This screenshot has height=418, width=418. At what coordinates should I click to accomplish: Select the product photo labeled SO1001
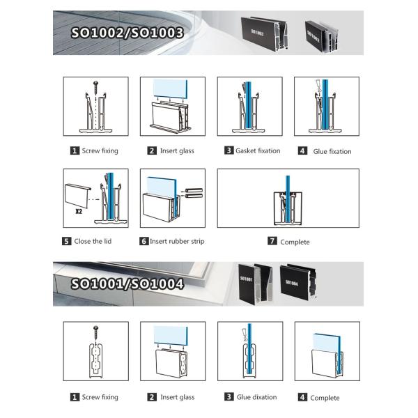click(251, 282)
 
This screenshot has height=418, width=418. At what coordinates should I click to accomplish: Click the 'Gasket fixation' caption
click(256, 150)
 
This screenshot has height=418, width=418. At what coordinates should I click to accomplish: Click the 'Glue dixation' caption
click(256, 397)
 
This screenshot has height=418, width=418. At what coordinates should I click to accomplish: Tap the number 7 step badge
click(272, 242)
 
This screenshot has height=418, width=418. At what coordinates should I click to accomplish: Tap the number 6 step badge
click(144, 241)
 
